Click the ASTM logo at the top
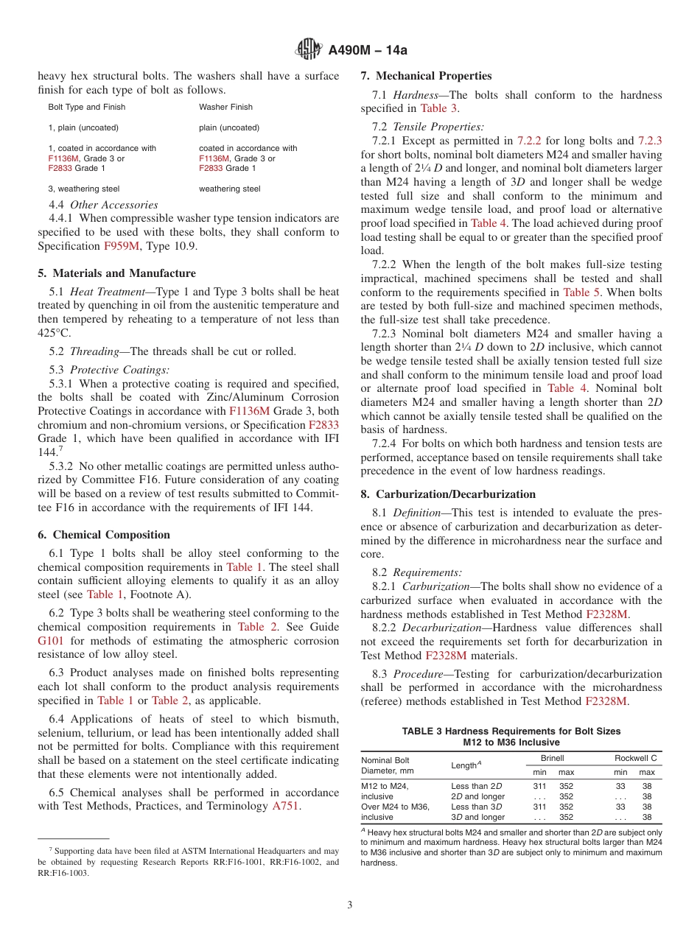pyautogui.click(x=308, y=49)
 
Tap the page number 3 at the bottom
pyautogui.click(x=350, y=905)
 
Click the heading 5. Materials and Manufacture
pyautogui.click(x=116, y=273)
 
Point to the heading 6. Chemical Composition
pyautogui.click(x=104, y=535)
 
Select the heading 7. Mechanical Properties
pyautogui.click(x=426, y=76)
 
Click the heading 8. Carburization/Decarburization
pyautogui.click(x=448, y=494)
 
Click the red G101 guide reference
pyautogui.click(x=51, y=641)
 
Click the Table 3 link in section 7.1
pyautogui.click(x=439, y=108)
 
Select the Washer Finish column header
pyautogui.click(x=225, y=107)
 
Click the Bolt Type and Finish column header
pyautogui.click(x=87, y=107)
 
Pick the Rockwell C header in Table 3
pyautogui.click(x=635, y=758)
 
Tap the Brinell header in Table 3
pyautogui.click(x=552, y=758)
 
